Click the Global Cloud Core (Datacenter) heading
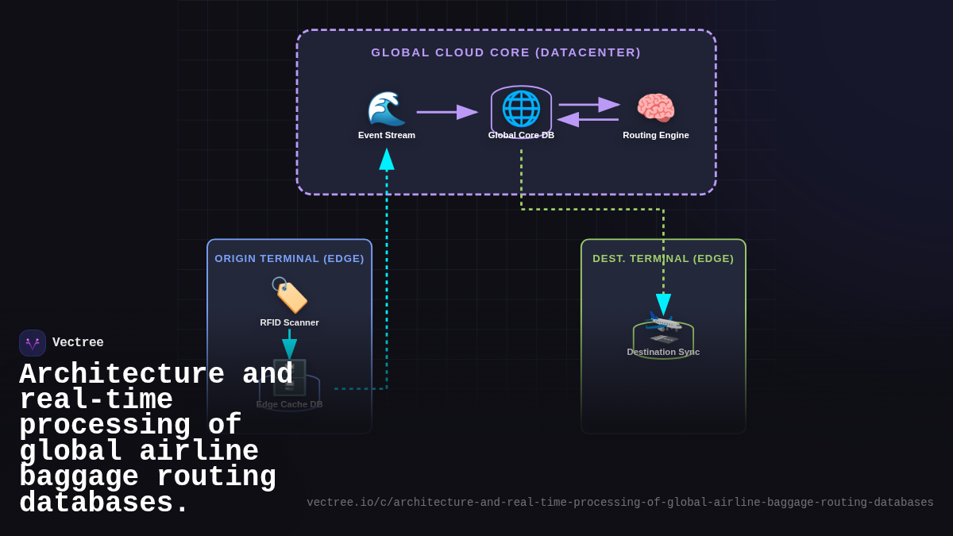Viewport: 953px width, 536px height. (x=506, y=52)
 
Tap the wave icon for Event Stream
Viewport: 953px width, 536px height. (x=386, y=109)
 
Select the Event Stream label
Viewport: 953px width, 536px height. (x=386, y=135)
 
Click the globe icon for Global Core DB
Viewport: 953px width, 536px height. (x=521, y=108)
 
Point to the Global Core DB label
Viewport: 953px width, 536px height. (x=521, y=135)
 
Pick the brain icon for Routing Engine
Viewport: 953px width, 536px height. (x=655, y=109)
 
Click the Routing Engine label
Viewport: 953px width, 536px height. (x=655, y=135)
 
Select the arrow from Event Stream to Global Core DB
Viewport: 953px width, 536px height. (x=447, y=112)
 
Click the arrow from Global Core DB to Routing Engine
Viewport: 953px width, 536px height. (x=588, y=104)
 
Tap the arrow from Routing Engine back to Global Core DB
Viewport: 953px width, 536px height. (x=588, y=120)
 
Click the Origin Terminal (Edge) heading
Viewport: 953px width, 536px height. (x=289, y=259)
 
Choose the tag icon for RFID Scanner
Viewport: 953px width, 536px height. (x=289, y=295)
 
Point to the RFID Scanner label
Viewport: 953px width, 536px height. (x=289, y=322)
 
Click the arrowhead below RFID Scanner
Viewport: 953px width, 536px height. (x=289, y=349)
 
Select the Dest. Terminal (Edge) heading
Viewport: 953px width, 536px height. (x=663, y=259)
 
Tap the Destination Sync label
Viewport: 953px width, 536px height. (x=663, y=352)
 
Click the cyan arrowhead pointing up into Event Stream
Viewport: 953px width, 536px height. (x=387, y=159)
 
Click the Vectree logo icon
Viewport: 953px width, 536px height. (x=33, y=343)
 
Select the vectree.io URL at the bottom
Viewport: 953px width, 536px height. (x=619, y=503)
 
